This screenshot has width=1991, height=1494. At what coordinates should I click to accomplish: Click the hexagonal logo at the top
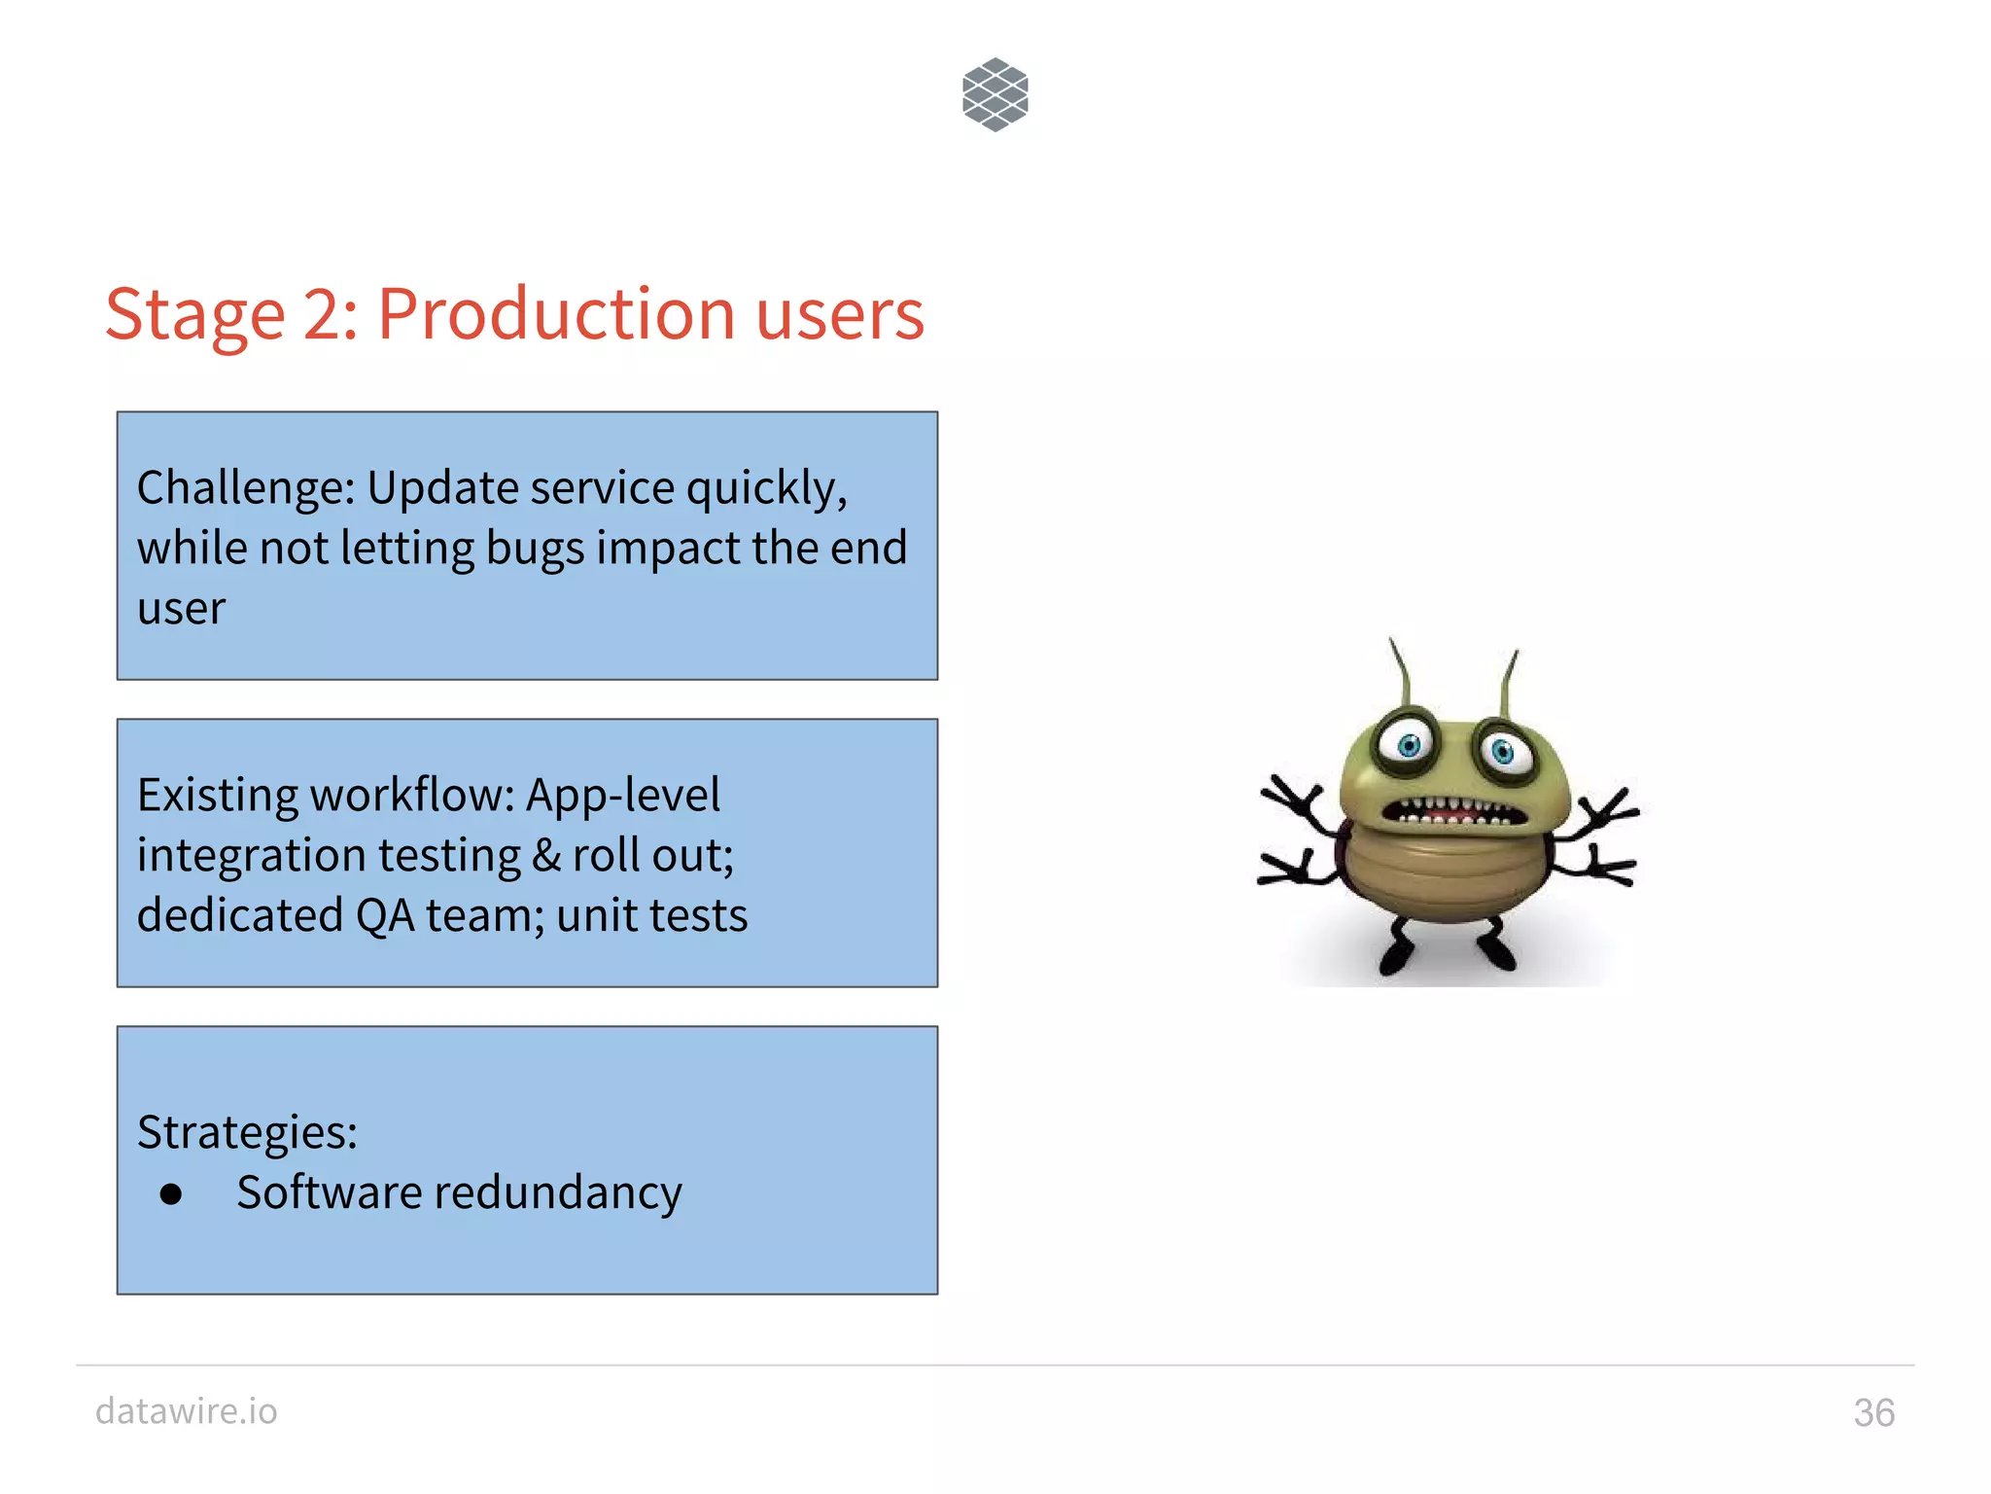tap(995, 94)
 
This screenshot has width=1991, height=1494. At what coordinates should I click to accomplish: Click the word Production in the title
tap(555, 314)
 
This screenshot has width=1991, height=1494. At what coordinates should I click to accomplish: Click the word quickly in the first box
tap(766, 489)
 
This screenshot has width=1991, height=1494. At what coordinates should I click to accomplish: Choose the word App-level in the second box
tap(622, 795)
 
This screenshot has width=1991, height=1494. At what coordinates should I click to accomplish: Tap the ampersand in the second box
tap(546, 855)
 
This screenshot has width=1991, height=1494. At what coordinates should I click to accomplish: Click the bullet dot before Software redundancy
tap(171, 1193)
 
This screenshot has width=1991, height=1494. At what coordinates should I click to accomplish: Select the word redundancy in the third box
tap(563, 1192)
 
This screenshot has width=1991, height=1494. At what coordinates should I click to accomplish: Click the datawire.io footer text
tap(187, 1410)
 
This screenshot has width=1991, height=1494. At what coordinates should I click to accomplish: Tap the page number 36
tap(1873, 1412)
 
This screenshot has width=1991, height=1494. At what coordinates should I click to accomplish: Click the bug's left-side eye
tap(1409, 746)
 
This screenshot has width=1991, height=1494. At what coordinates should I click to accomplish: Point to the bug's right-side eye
tap(1502, 751)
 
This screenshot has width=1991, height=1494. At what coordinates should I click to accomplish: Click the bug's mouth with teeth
tap(1451, 812)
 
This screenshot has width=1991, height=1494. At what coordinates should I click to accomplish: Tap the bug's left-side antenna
tap(1401, 672)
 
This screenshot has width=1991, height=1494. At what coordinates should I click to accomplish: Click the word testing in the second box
tap(449, 856)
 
